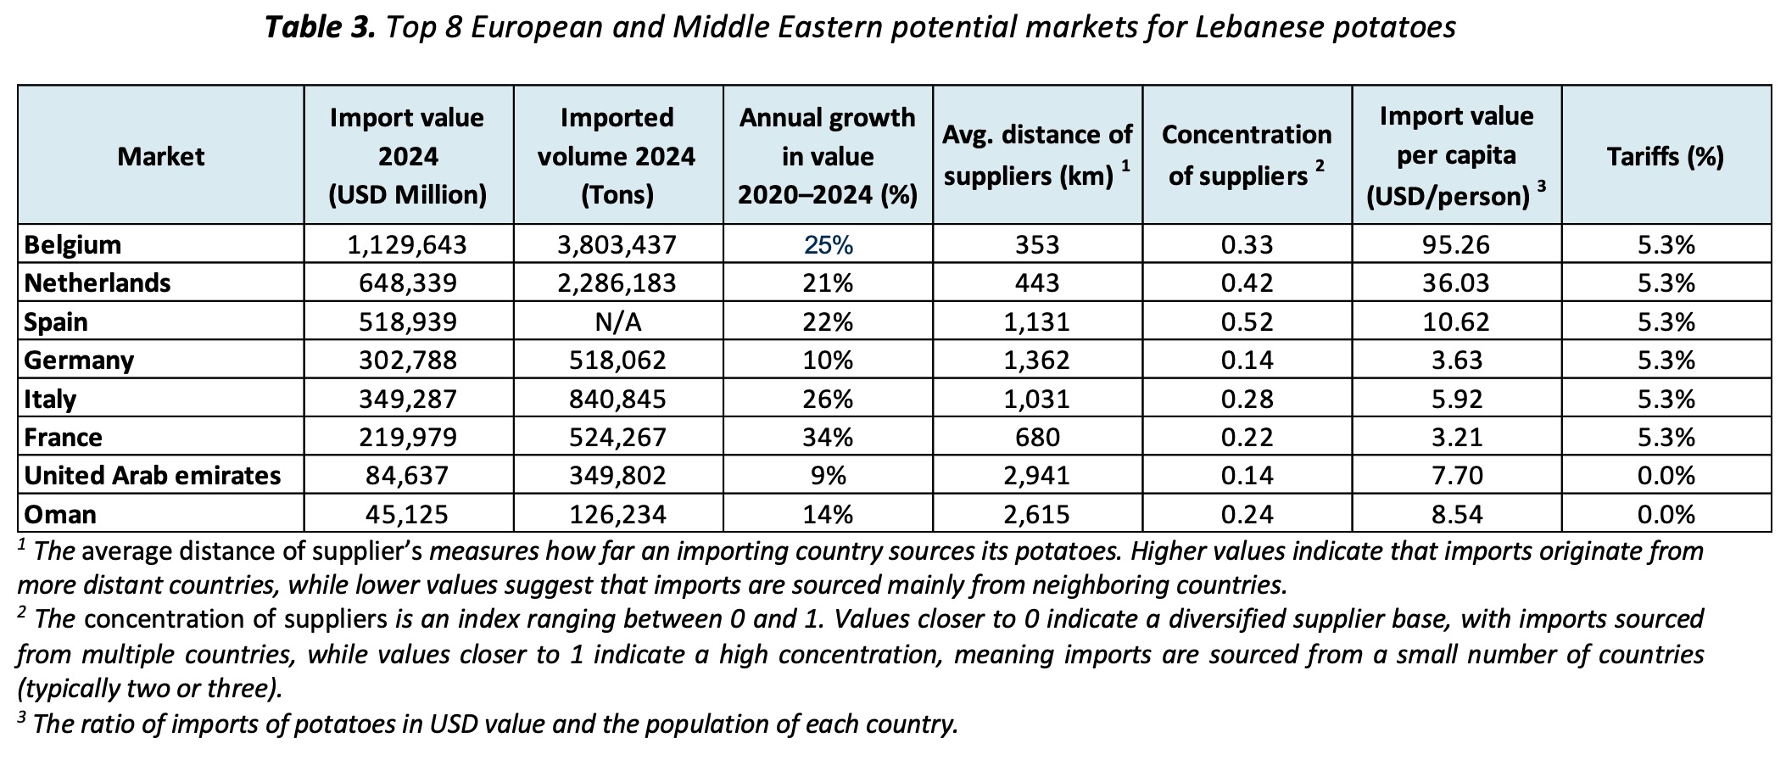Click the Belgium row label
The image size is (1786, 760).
[73, 244]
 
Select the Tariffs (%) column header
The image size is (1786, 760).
[1666, 156]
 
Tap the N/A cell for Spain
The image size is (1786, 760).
[617, 321]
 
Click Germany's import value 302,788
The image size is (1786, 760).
[408, 360]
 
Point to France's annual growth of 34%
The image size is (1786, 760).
[828, 437]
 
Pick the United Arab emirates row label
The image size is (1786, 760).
[153, 475]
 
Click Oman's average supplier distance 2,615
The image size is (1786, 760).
[1036, 514]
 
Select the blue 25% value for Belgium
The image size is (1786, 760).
[828, 244]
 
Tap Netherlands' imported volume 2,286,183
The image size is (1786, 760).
[617, 282]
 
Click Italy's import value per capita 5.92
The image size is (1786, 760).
[1456, 399]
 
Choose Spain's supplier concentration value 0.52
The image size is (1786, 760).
[1247, 321]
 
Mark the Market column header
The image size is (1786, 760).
[161, 156]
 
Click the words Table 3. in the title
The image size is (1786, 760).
[320, 27]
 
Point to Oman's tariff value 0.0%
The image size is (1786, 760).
[1666, 514]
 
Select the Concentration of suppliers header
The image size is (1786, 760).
[1247, 155]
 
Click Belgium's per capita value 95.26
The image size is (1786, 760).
[1456, 244]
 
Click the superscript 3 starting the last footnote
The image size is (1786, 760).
[22, 718]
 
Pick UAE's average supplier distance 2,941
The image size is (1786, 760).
[1036, 475]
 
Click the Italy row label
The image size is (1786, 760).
[50, 399]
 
